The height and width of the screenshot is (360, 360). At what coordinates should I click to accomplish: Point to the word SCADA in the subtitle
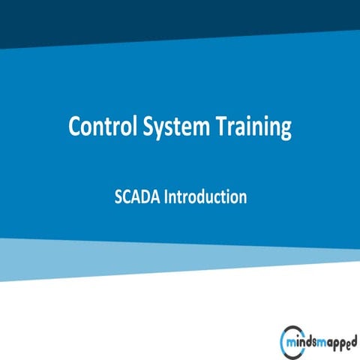point(137,197)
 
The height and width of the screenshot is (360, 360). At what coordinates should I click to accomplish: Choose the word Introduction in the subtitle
point(206,197)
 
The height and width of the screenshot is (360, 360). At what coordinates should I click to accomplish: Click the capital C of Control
point(75,127)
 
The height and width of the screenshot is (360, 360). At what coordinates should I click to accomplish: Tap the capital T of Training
point(224,127)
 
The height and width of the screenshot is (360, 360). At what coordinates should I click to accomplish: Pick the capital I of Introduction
point(167,197)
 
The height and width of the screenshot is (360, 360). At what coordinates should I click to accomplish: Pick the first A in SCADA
point(135,197)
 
